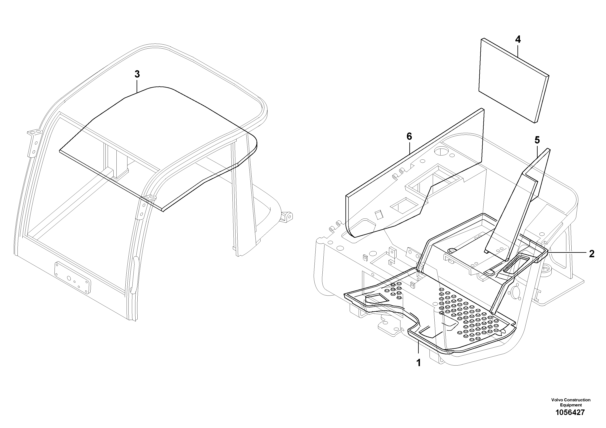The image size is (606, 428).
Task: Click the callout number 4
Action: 518,39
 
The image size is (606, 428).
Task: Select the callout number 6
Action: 409,136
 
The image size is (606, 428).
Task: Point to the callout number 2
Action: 592,254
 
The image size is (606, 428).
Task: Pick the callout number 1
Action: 418,363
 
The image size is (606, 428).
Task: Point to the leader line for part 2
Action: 568,253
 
